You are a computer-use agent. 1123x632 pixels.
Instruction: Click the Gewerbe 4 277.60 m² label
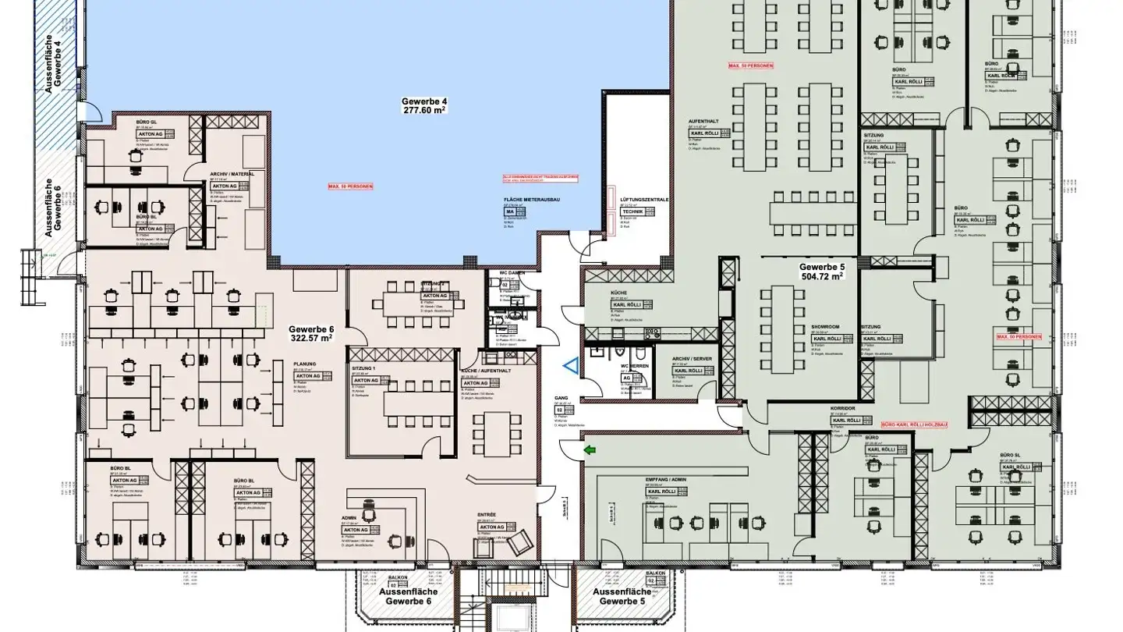424,106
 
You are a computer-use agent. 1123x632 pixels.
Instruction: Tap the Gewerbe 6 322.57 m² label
310,333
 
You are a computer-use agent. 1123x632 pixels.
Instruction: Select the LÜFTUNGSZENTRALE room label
644,201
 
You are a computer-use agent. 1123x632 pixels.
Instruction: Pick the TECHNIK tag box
632,211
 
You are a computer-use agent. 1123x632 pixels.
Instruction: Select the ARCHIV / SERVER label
691,359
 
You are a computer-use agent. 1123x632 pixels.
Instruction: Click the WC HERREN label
635,366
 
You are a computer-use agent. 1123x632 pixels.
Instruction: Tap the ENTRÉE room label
487,515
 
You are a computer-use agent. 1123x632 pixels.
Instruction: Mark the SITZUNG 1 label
363,367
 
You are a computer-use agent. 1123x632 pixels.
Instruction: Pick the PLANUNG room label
305,364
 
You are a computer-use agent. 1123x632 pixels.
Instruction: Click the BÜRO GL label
147,122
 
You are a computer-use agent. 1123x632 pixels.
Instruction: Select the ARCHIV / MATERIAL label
232,174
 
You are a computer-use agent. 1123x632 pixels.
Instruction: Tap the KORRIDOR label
844,408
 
